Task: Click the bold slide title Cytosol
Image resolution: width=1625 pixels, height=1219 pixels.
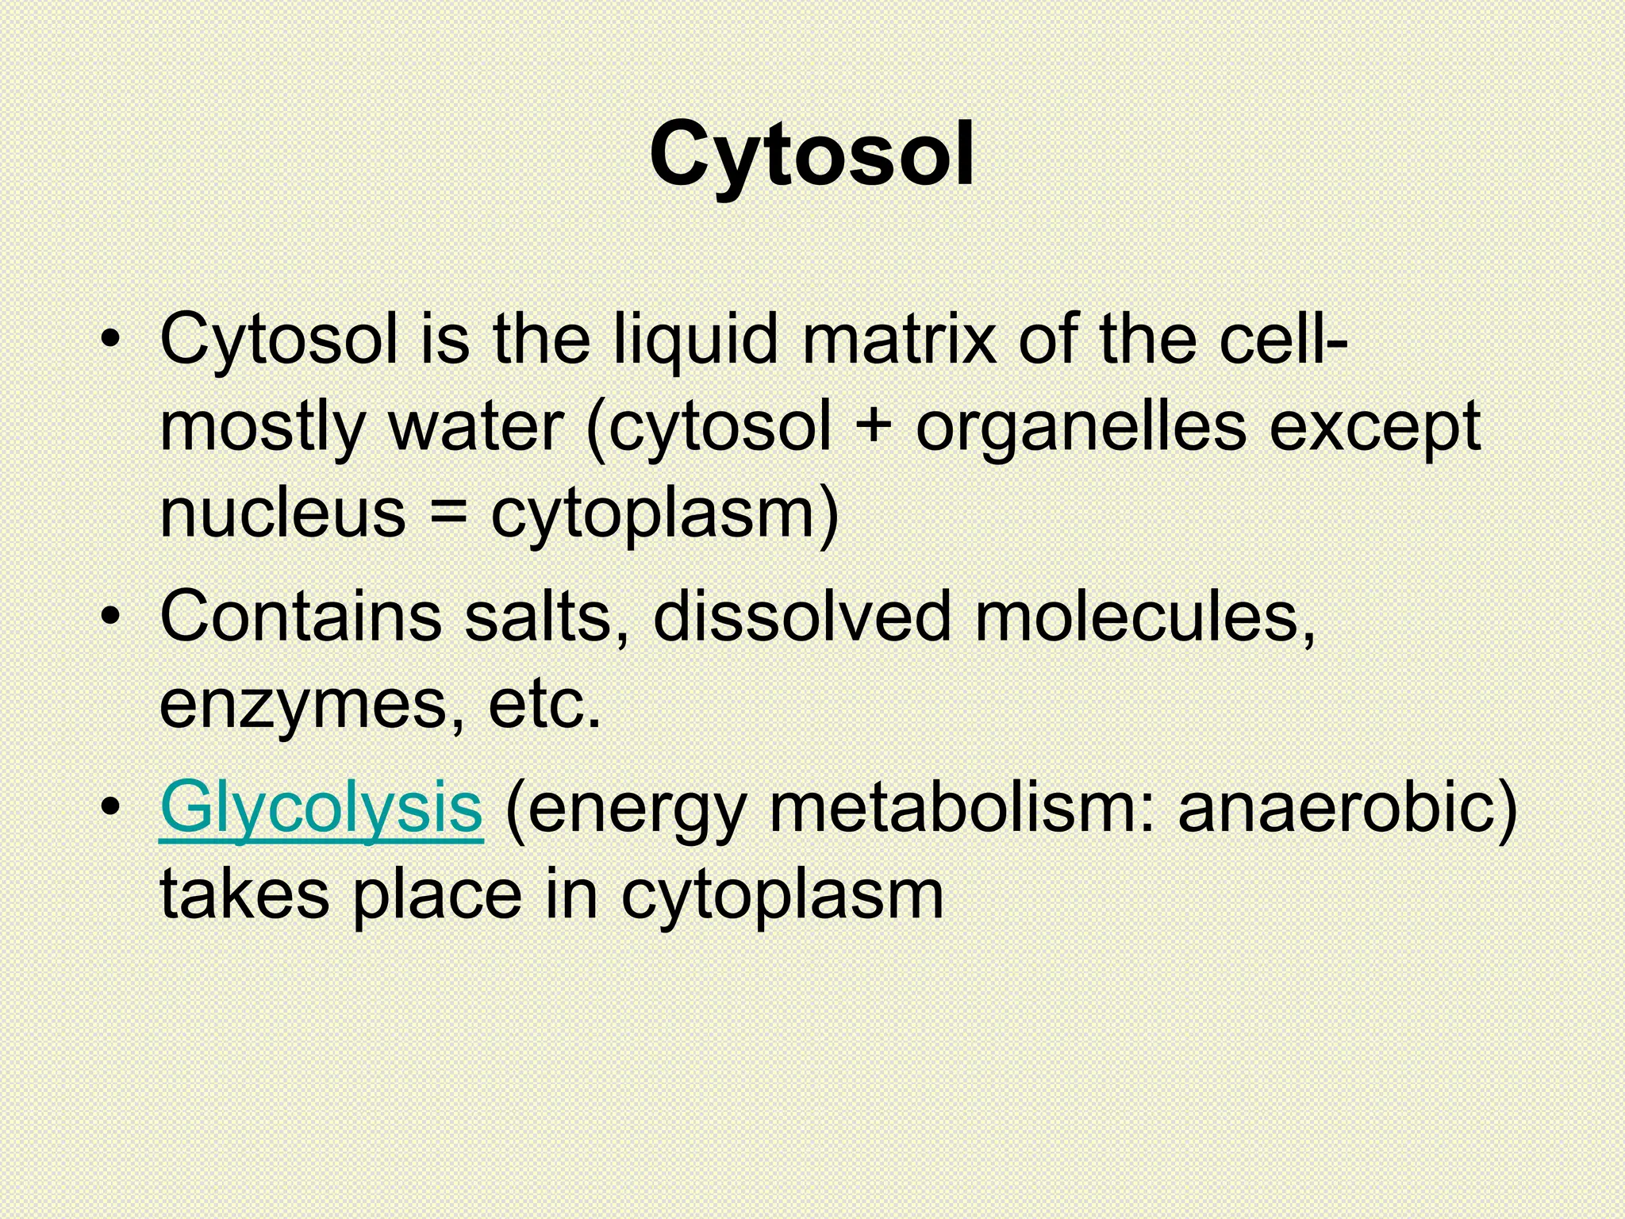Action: (812, 156)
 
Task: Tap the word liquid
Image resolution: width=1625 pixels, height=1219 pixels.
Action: (695, 340)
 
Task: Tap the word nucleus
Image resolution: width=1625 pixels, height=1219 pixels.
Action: (282, 513)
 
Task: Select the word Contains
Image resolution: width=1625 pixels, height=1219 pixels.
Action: (301, 617)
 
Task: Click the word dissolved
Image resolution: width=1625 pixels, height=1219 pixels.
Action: (801, 617)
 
